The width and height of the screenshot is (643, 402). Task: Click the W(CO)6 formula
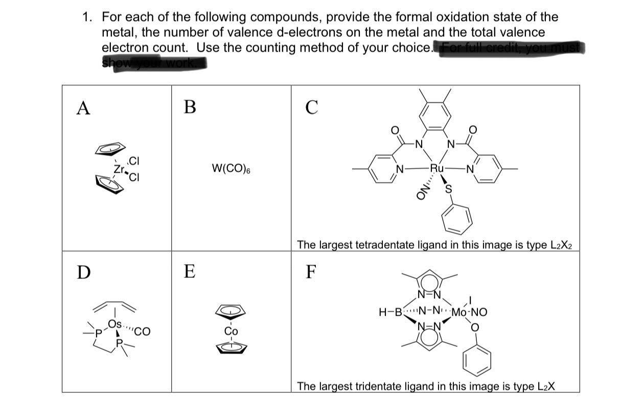(231, 168)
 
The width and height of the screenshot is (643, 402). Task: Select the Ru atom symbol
(438, 168)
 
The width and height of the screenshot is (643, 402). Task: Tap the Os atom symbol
(115, 324)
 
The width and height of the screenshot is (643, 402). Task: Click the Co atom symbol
(232, 331)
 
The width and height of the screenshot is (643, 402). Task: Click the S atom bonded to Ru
(450, 192)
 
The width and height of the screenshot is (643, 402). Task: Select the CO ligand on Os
(142, 332)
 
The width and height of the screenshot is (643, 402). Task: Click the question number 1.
(87, 17)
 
